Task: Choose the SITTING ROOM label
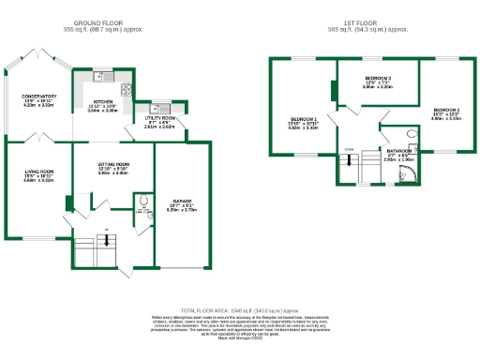click(x=113, y=163)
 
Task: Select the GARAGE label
click(x=182, y=202)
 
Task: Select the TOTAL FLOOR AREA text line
click(x=239, y=308)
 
